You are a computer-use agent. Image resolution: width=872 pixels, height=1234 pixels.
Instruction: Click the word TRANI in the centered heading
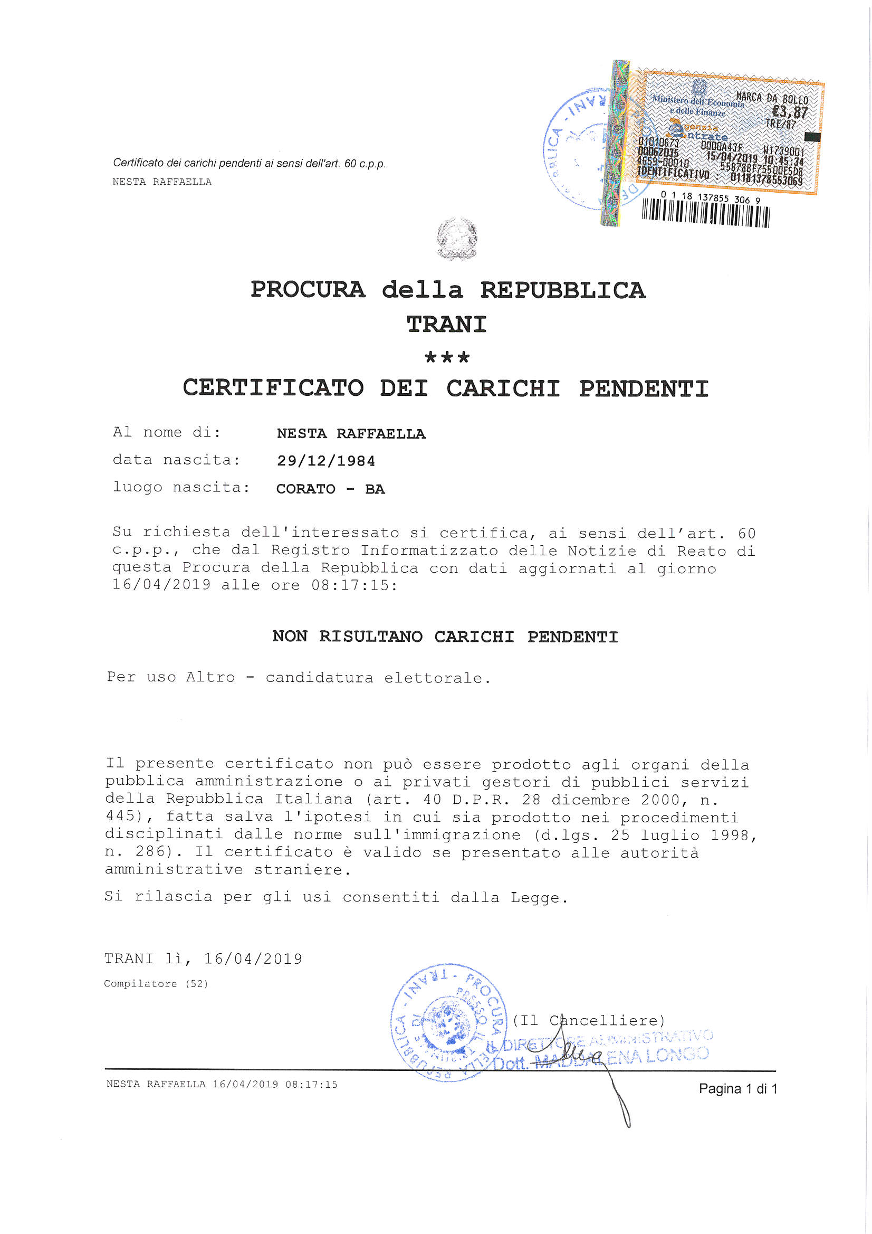(x=446, y=325)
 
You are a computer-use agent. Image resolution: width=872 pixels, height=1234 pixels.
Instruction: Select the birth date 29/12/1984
(x=325, y=461)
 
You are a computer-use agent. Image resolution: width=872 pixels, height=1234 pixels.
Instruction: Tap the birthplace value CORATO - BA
(x=330, y=489)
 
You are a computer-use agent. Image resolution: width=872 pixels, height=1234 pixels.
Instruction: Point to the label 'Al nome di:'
(x=167, y=432)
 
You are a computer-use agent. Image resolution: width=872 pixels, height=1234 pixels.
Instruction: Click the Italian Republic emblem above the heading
(x=457, y=239)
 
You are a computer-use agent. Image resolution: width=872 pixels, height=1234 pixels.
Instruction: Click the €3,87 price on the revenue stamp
(x=789, y=112)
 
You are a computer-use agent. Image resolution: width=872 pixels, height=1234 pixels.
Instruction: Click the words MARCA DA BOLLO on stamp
(x=772, y=98)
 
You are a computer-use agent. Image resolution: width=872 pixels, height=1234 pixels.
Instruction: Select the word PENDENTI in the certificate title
(x=644, y=388)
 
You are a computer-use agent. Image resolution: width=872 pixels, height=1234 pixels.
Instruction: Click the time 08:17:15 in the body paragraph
(x=354, y=585)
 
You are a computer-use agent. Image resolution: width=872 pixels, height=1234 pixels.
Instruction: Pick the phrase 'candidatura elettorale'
(x=376, y=678)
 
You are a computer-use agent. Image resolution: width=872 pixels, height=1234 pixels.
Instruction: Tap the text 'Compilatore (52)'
(x=156, y=983)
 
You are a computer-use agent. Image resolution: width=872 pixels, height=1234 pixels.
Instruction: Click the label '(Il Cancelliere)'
(x=588, y=1020)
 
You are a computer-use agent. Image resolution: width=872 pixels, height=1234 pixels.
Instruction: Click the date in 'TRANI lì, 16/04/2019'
(x=253, y=958)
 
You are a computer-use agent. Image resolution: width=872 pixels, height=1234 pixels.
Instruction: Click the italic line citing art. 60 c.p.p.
(x=250, y=163)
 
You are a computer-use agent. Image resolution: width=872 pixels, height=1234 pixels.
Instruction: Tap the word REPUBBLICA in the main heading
(x=562, y=290)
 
